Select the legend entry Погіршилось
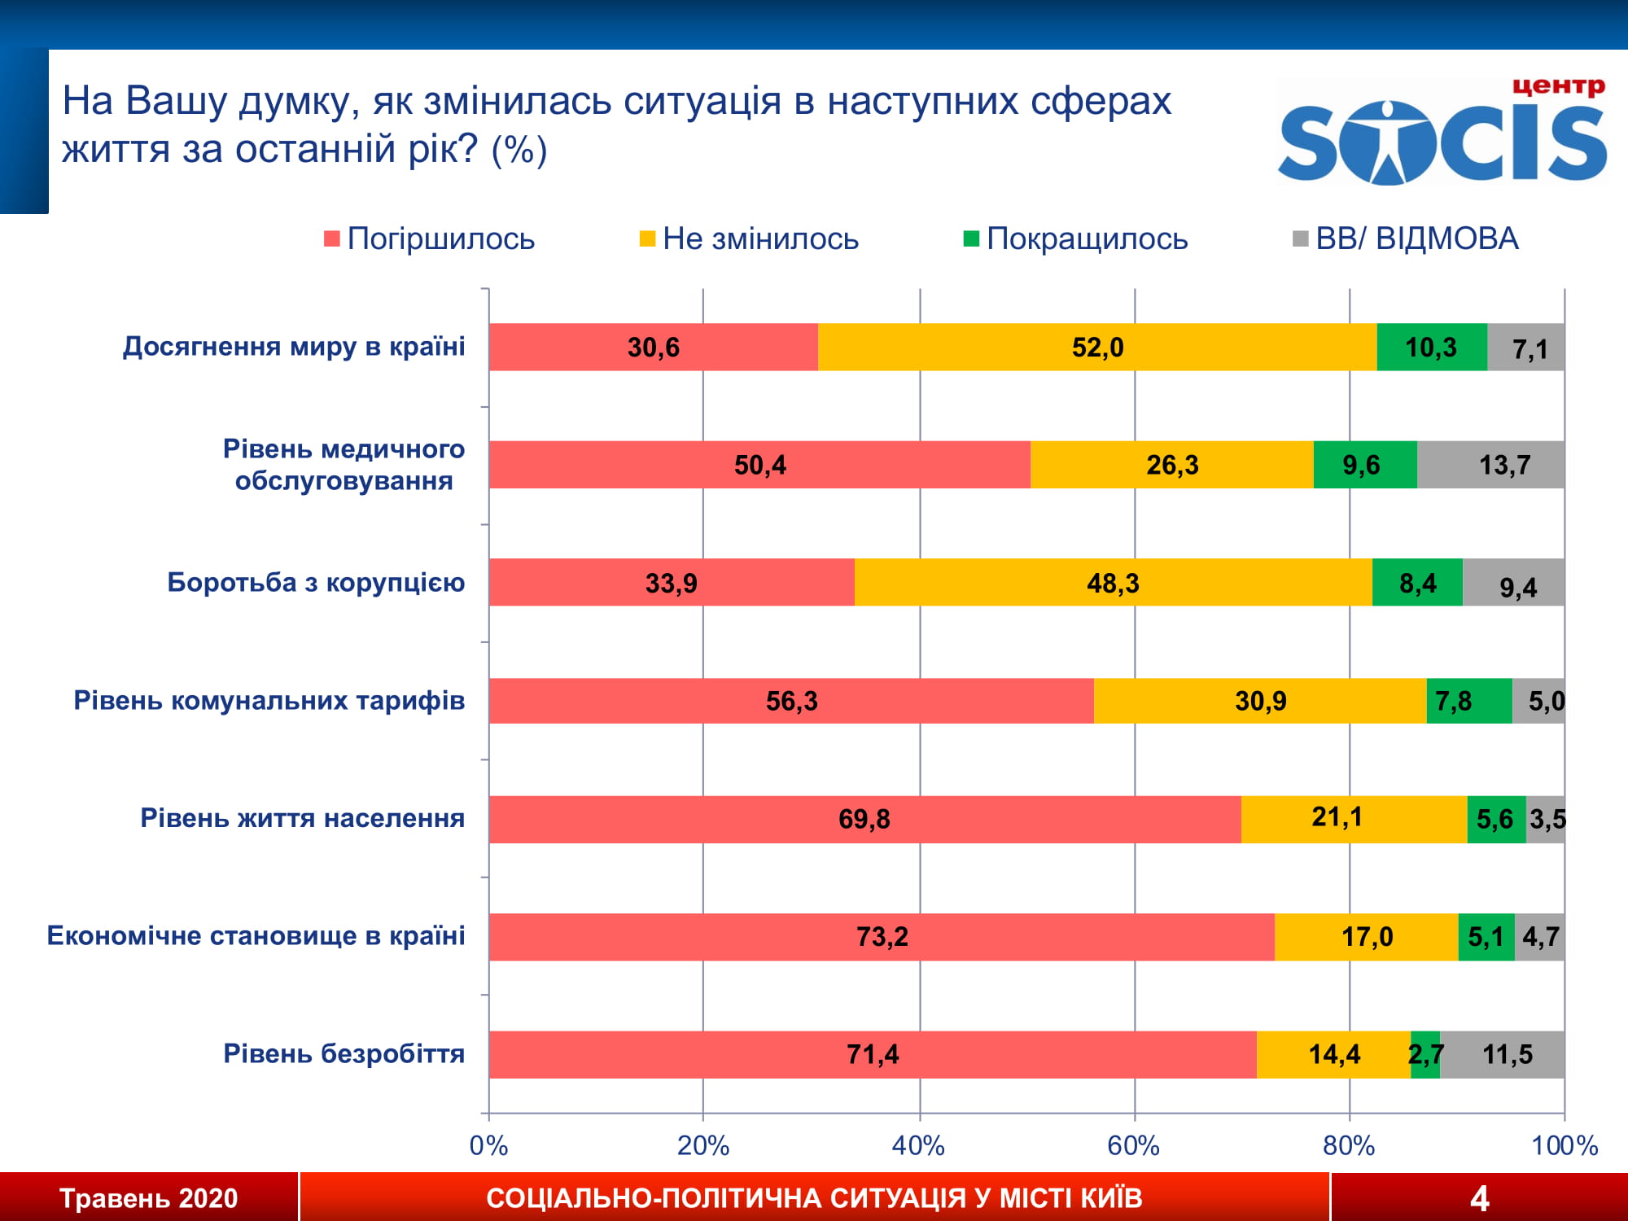[429, 239]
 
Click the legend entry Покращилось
[1075, 239]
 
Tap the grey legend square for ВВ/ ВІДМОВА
[1300, 239]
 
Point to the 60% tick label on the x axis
[1133, 1146]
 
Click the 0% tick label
[488, 1146]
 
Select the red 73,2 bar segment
[882, 937]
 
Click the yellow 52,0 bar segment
[1096, 348]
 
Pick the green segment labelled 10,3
[1431, 348]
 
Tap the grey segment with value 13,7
[1490, 465]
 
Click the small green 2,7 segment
[1424, 1055]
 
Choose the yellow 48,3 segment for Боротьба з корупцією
[1113, 583]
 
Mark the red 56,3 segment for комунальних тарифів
[791, 701]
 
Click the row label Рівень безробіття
[344, 1054]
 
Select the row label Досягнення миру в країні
[294, 347]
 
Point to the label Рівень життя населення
[302, 818]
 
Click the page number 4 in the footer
[1479, 1198]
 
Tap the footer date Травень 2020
[148, 1198]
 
